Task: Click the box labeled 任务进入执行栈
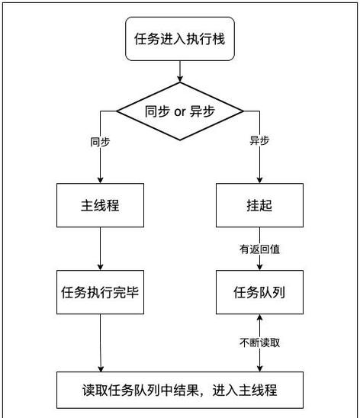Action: tap(180, 38)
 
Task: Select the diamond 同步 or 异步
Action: tap(180, 111)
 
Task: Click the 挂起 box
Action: tap(259, 206)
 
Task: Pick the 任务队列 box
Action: tap(259, 291)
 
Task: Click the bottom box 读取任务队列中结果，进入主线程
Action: tap(180, 390)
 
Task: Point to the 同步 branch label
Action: tap(100, 142)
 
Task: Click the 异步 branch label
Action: tap(259, 142)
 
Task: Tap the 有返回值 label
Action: tap(259, 249)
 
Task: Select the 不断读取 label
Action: tap(259, 342)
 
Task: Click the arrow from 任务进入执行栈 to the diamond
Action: tap(180, 70)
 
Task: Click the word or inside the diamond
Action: tap(180, 111)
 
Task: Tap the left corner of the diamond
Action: tap(118, 111)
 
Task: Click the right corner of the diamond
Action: tap(243, 111)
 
